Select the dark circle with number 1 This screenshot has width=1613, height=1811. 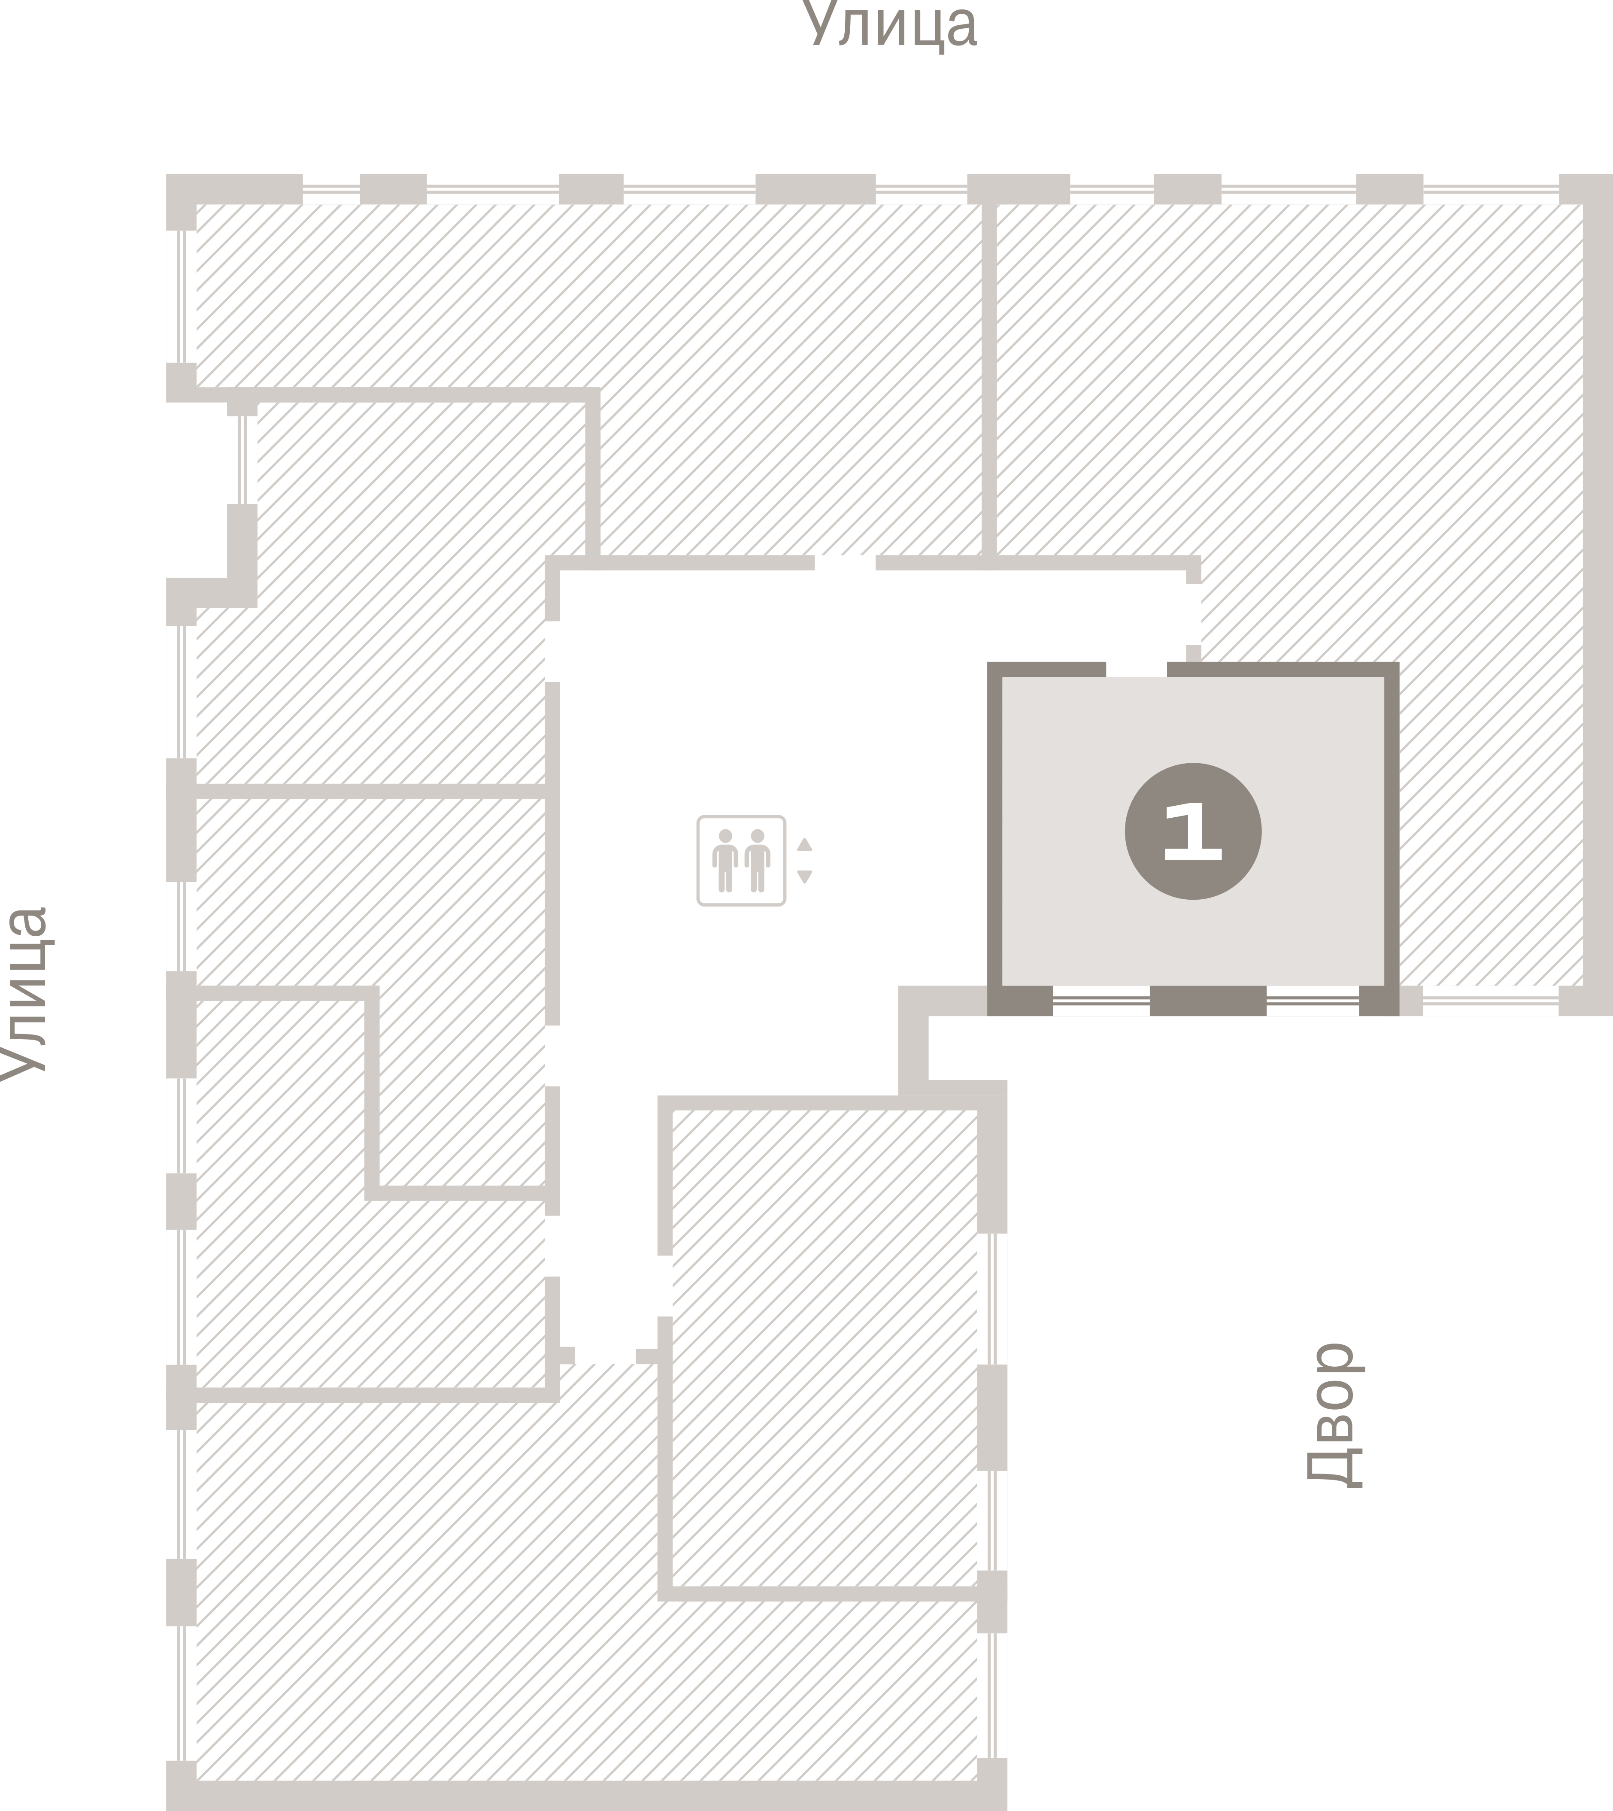(x=1193, y=831)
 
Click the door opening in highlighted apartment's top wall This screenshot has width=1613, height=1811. (x=1136, y=669)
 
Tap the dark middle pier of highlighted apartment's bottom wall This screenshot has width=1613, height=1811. (x=1208, y=1001)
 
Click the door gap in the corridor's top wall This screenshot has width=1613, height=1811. (x=845, y=563)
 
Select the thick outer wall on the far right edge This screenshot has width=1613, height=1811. (x=1598, y=594)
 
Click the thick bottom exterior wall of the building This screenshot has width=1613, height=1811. (x=587, y=1796)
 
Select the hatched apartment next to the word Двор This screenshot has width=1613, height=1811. (x=824, y=1347)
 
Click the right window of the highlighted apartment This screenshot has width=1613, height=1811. (x=1313, y=1001)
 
